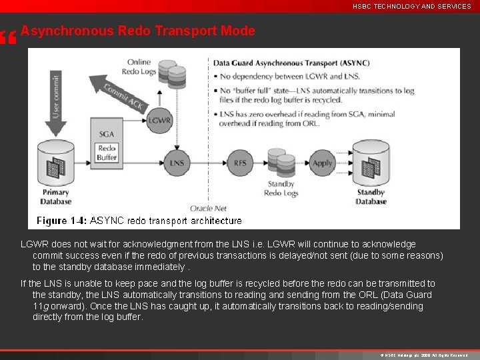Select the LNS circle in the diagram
(x=177, y=163)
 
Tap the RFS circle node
(x=240, y=163)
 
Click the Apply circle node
(x=323, y=163)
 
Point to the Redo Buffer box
(x=107, y=153)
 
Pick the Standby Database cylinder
(x=371, y=164)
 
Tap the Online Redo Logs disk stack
(x=172, y=76)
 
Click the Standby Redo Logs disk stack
(x=281, y=164)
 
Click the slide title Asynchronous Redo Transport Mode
(x=138, y=31)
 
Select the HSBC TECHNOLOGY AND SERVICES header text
(x=412, y=6)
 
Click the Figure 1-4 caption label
(x=61, y=220)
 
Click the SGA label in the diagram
(x=107, y=134)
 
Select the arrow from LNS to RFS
(x=209, y=163)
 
